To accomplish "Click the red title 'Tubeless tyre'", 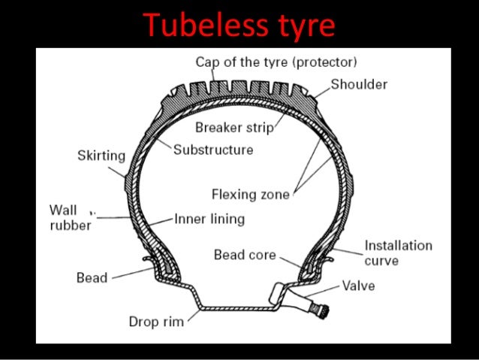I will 239,25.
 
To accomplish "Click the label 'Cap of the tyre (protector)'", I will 276,61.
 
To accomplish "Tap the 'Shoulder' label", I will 359,84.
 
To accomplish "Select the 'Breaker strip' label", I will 233,127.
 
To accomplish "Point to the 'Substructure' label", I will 213,149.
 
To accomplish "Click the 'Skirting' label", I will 101,156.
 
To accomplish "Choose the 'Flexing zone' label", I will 250,195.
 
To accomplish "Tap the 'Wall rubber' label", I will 70,216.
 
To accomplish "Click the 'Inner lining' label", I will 209,220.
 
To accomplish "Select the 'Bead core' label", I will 245,255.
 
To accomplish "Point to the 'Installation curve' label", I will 398,253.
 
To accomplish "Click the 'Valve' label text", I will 358,286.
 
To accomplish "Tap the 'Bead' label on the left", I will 92,277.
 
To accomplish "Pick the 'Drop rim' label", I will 156,322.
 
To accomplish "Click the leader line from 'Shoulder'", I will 320,92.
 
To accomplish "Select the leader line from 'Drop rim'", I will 191,315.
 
